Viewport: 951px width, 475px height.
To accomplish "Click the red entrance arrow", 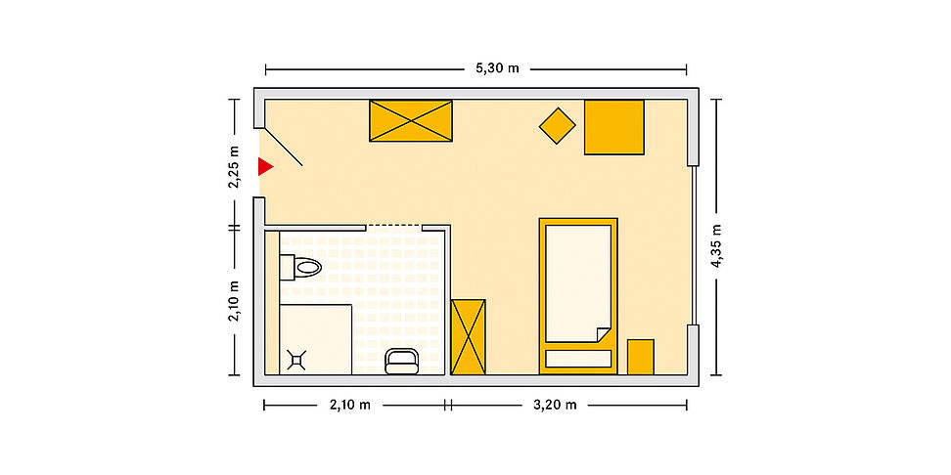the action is pyautogui.click(x=265, y=166).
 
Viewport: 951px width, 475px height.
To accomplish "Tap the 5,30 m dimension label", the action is pyautogui.click(x=497, y=67).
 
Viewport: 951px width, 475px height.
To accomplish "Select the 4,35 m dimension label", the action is pyautogui.click(x=716, y=245).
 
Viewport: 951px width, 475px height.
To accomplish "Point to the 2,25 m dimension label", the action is pyautogui.click(x=234, y=166).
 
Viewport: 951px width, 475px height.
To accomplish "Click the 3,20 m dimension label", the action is pyautogui.click(x=555, y=405).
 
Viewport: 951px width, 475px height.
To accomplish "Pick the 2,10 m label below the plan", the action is pyautogui.click(x=350, y=405).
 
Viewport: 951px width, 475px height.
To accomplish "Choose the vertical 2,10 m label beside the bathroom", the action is pyautogui.click(x=234, y=302).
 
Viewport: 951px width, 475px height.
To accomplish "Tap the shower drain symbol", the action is pyautogui.click(x=297, y=360).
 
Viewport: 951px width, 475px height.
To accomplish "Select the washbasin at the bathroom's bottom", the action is pyautogui.click(x=401, y=361).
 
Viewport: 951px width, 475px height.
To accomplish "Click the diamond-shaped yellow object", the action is pyautogui.click(x=558, y=126).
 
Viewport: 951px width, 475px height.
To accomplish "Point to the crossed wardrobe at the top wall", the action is pyautogui.click(x=411, y=121).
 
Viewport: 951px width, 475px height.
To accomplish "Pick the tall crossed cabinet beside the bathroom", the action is pyautogui.click(x=469, y=337).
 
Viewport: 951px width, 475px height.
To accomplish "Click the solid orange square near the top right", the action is pyautogui.click(x=613, y=127).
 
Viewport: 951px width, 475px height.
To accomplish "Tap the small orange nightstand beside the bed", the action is pyautogui.click(x=641, y=357).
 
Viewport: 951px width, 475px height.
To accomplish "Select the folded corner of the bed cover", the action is pyautogui.click(x=604, y=334).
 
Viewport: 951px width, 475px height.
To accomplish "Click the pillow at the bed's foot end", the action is pyautogui.click(x=578, y=359).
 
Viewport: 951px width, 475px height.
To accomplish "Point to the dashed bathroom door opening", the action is pyautogui.click(x=394, y=226).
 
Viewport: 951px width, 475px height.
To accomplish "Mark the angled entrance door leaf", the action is pyautogui.click(x=284, y=147).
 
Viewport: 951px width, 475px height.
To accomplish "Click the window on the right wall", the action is pyautogui.click(x=694, y=245).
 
